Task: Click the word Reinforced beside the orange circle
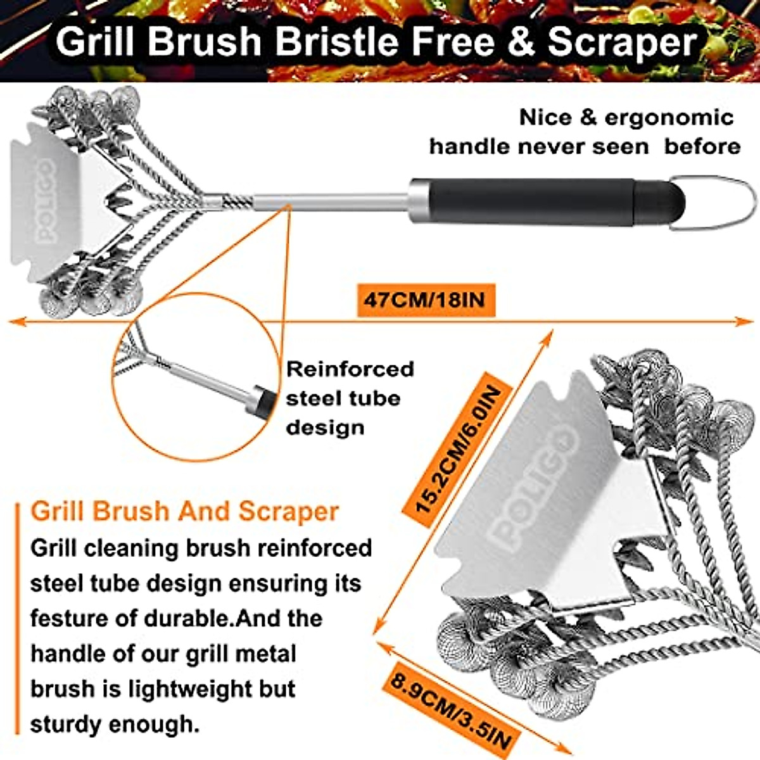coord(350,369)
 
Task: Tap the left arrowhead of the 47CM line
coord(14,322)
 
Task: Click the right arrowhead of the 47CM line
coord(747,322)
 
